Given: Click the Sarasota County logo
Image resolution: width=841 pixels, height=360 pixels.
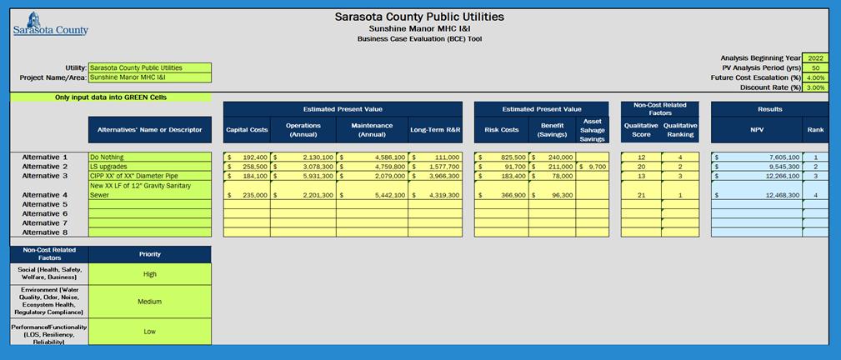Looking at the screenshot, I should tap(50, 23).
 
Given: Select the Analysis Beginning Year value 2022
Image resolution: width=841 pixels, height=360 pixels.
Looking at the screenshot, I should tap(815, 58).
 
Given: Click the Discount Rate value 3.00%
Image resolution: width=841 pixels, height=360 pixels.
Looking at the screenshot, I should tap(815, 87).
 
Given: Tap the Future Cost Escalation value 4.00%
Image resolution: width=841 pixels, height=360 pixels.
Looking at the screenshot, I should tap(815, 77).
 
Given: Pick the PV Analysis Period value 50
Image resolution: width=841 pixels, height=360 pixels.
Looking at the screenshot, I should tap(815, 68).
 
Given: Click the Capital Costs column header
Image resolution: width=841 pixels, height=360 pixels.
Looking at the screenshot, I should tap(247, 130).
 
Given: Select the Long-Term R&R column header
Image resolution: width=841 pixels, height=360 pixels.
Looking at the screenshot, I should tap(435, 130).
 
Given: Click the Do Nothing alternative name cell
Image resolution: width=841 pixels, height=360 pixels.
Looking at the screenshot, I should tap(150, 157).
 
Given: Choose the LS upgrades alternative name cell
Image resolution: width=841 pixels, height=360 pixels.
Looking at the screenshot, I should tap(150, 167).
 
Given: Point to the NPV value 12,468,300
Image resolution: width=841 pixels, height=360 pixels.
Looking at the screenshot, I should tap(756, 195).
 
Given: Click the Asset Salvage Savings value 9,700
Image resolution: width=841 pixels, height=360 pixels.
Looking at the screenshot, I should tap(593, 167).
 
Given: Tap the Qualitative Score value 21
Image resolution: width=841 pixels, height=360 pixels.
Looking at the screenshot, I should tap(641, 195).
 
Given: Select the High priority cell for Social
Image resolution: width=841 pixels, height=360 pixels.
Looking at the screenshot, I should tap(150, 273).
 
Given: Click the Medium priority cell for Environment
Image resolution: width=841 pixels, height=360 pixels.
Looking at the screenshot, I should tap(150, 302).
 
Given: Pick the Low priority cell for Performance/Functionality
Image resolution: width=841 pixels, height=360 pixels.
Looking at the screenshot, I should tap(150, 331).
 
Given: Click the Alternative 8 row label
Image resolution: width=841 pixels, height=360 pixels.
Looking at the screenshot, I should tap(44, 232).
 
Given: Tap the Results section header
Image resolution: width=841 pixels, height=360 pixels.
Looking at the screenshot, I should tap(769, 109).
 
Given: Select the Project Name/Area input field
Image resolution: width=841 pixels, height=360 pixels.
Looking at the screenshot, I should tap(150, 77).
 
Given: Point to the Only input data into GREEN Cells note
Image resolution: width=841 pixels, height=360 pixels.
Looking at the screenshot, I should tap(110, 97).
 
